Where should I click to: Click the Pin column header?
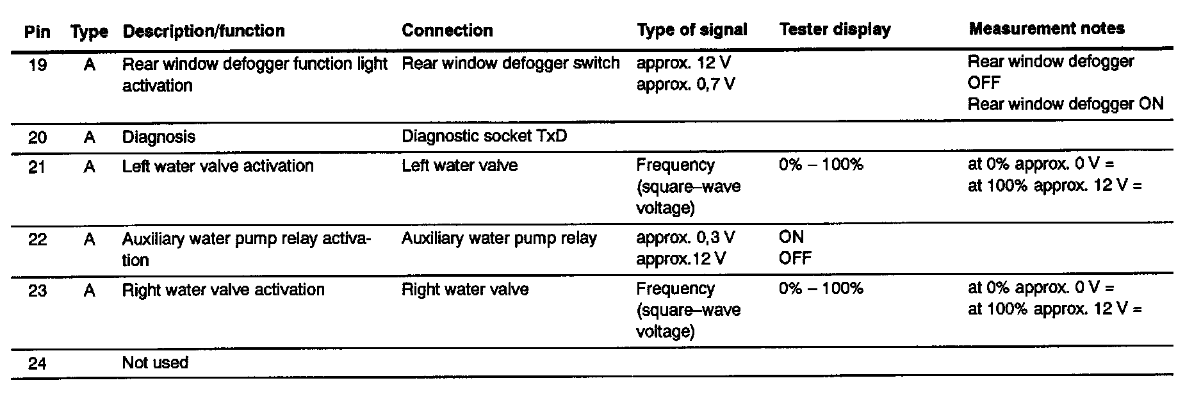coord(37,31)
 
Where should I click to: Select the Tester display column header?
coord(835,29)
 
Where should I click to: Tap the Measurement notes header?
coord(1047,28)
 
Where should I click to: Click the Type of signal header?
coord(692,30)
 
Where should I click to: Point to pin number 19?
coord(38,65)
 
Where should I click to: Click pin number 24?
coord(38,363)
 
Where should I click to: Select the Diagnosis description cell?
coord(159,137)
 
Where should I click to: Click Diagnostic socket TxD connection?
coord(484,136)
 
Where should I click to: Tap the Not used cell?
coord(155,363)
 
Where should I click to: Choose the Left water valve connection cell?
coord(459,165)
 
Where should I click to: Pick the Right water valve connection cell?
coord(465,290)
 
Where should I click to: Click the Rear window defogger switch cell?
coord(511,63)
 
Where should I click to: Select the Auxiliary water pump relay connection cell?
coord(499,238)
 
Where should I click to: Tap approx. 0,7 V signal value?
coord(685,84)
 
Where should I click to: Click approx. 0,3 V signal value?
coord(685,238)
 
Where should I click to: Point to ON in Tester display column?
coord(791,237)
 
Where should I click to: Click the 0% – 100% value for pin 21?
coord(821,165)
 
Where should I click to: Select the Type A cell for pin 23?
coord(90,291)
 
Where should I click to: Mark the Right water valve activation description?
coord(224,290)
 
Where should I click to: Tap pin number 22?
coord(38,240)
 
